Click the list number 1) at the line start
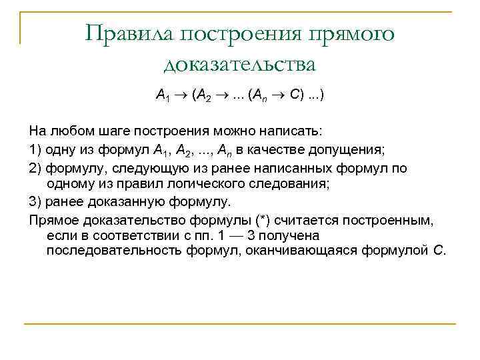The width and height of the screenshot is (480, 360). click(36, 147)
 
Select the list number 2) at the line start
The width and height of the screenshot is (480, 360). click(36, 167)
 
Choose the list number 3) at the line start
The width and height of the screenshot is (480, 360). click(36, 201)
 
